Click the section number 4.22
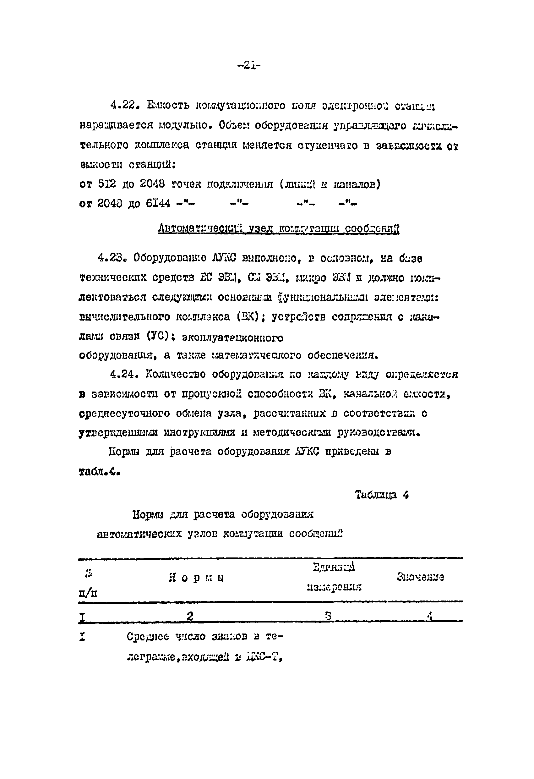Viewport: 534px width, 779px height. (x=125, y=106)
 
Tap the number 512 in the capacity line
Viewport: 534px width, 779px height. (x=107, y=184)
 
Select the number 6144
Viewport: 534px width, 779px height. (x=158, y=203)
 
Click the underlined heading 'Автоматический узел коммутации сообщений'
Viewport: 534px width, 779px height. (x=279, y=229)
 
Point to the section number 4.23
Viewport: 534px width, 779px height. (x=112, y=258)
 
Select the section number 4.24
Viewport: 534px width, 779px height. (x=125, y=374)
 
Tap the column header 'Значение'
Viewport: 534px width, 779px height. (x=420, y=577)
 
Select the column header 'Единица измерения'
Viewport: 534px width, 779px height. (x=334, y=577)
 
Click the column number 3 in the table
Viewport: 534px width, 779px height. (x=328, y=616)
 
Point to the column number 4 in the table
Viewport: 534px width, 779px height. (x=430, y=616)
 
